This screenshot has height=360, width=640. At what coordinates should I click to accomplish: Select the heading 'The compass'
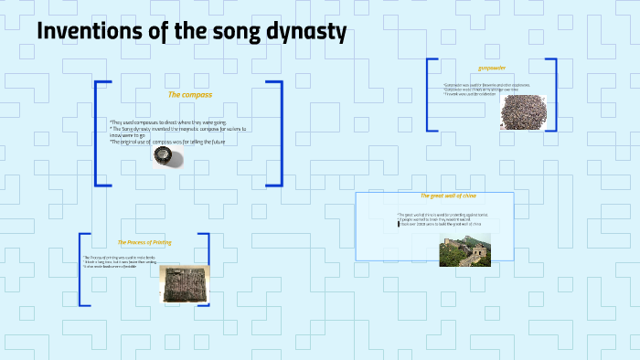pyautogui.click(x=189, y=94)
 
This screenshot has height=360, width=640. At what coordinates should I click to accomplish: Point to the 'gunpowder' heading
pyautogui.click(x=492, y=68)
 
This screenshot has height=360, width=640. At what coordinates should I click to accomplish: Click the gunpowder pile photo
pyautogui.click(x=523, y=111)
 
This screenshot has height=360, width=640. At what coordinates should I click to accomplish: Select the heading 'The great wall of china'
pyautogui.click(x=448, y=196)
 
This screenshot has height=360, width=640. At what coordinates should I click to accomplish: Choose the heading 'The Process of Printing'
pyautogui.click(x=144, y=242)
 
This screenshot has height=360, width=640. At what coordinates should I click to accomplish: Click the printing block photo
pyautogui.click(x=185, y=283)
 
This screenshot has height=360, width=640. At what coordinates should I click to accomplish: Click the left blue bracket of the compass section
pyautogui.click(x=98, y=133)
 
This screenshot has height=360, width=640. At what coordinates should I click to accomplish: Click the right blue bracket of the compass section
pyautogui.click(x=278, y=133)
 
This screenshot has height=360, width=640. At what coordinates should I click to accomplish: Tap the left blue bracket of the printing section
pyautogui.click(x=82, y=270)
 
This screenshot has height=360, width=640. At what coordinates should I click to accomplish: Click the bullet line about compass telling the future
pyautogui.click(x=167, y=142)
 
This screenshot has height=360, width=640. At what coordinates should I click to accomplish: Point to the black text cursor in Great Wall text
pyautogui.click(x=399, y=223)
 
